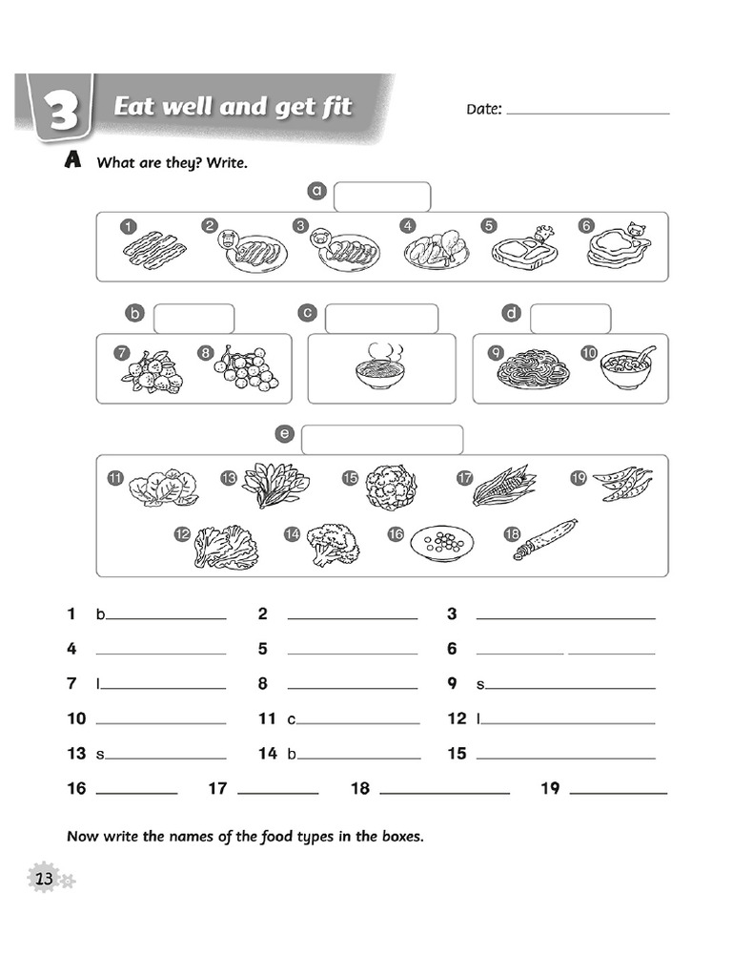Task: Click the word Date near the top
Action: point(483,109)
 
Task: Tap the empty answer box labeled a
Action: point(381,197)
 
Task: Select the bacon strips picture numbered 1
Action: point(154,251)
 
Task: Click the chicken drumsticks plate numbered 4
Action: point(436,250)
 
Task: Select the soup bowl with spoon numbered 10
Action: point(628,368)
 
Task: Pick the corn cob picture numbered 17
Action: point(503,486)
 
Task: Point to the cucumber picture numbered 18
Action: point(545,539)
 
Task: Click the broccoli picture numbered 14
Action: point(333,544)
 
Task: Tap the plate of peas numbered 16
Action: point(442,543)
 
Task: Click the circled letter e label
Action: point(284,434)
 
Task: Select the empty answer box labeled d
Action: point(570,319)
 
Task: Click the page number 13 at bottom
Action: point(44,878)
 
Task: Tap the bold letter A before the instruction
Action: point(72,162)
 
